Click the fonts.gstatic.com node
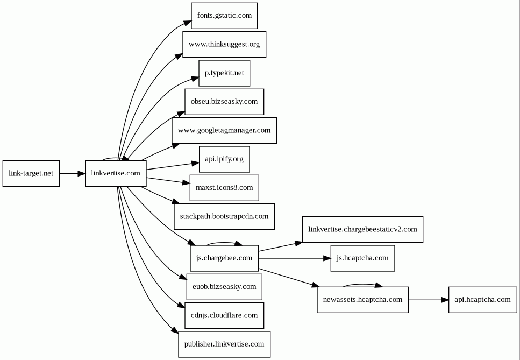tap(224, 16)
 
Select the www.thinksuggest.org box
tap(224, 45)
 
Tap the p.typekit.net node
tap(224, 73)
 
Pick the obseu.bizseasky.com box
tap(224, 102)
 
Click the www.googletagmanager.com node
tap(224, 130)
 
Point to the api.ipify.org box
tap(224, 159)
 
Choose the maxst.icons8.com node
tap(224, 188)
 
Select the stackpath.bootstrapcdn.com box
tap(224, 217)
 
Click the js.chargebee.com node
tap(224, 258)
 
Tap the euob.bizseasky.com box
tap(224, 287)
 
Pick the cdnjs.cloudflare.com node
tap(224, 315)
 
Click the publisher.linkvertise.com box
tap(224, 344)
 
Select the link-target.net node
tap(31, 173)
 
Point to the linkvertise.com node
tap(116, 173)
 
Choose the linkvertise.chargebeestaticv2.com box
tap(362, 230)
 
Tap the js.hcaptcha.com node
tap(362, 258)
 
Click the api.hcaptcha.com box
tap(482, 300)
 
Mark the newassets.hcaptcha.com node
tap(362, 300)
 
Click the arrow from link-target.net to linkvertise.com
tap(72, 173)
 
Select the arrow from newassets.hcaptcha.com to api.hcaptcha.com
tap(429, 300)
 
